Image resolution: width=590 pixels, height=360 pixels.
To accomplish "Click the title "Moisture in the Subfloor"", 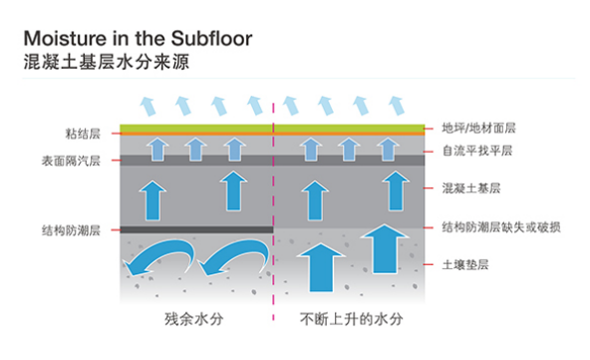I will [138, 38].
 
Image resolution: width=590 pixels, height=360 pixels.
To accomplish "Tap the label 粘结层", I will [82, 132].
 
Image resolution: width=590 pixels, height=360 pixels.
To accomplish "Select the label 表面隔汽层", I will [71, 160].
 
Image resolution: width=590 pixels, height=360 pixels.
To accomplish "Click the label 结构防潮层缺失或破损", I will [499, 228].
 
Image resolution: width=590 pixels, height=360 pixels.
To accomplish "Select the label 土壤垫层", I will [464, 264].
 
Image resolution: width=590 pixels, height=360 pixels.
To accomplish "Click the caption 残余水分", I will [190, 321].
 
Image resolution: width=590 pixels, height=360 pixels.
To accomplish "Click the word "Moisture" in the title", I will [59, 38].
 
